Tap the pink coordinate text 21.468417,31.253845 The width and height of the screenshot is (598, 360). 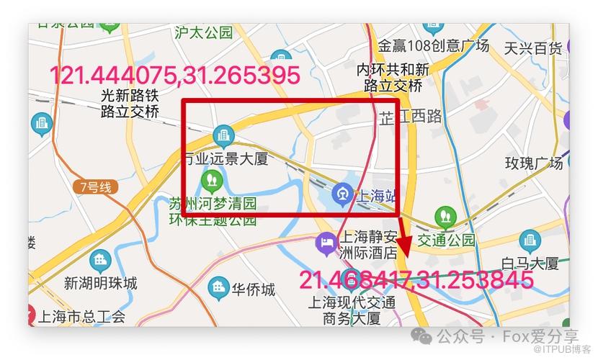point(416,280)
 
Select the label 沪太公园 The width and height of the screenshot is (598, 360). point(204,32)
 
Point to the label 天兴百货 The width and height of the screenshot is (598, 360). point(532,48)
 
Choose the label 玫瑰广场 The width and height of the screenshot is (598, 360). point(533,163)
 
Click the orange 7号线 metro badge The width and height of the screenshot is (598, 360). point(96,187)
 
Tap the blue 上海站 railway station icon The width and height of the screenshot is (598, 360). point(341,193)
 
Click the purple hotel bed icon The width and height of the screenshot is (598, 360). point(326,243)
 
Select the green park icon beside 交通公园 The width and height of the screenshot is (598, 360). point(445,215)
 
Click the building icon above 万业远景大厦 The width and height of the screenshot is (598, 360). point(223,135)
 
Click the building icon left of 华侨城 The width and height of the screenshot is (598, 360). point(218,289)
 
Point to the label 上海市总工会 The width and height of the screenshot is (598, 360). point(81,316)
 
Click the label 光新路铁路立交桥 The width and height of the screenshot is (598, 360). point(130,103)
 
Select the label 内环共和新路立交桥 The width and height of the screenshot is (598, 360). point(393,78)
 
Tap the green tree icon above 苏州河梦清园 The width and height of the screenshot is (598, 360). point(212,178)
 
